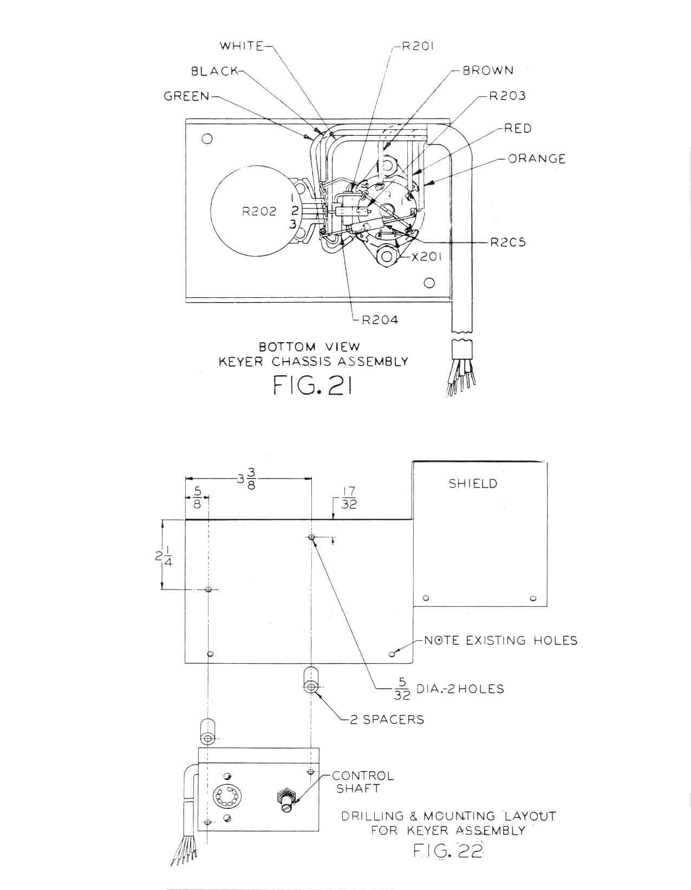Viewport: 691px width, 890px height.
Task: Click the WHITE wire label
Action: pos(242,45)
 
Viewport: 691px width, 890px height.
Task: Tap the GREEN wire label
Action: pos(186,96)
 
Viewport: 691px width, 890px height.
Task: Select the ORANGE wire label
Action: pos(537,159)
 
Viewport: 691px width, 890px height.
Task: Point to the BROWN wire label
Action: pos(488,70)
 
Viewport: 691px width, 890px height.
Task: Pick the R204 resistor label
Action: pos(380,320)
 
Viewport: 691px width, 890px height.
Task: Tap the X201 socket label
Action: pos(426,257)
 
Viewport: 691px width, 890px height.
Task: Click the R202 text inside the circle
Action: pos(259,211)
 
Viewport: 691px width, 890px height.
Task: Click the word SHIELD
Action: pos(473,483)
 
